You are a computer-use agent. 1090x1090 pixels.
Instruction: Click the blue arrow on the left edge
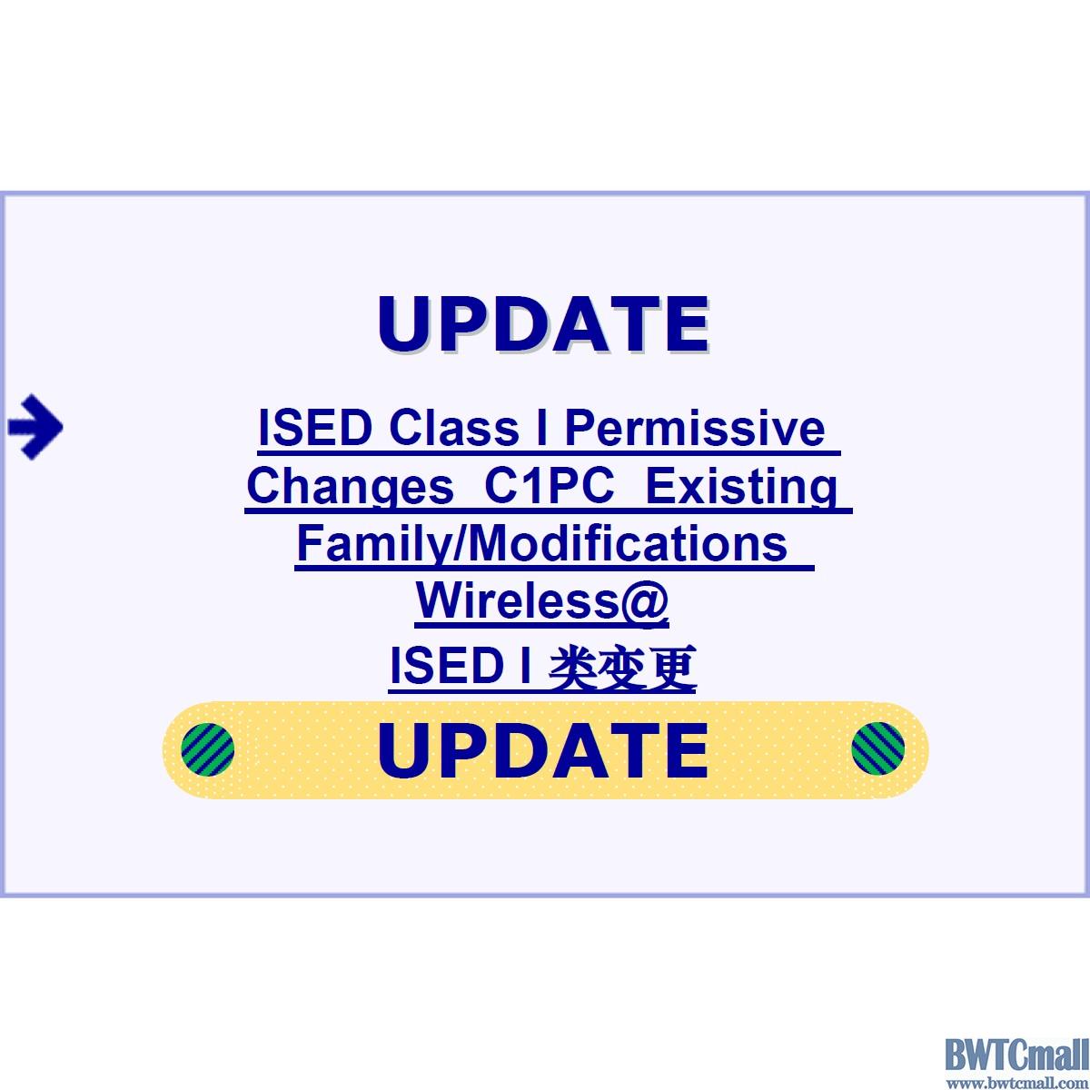click(x=35, y=427)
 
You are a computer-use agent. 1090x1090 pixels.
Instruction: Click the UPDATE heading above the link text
click(x=543, y=324)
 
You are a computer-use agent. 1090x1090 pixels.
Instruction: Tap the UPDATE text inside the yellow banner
click(x=543, y=750)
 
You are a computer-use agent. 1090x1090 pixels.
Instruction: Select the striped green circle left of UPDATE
click(x=208, y=748)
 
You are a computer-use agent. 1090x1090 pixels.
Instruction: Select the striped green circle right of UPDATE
click(x=877, y=748)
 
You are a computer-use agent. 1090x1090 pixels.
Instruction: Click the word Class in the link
click(x=453, y=428)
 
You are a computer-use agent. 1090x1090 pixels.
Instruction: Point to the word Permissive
click(x=695, y=428)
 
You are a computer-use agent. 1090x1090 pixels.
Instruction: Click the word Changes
click(x=350, y=487)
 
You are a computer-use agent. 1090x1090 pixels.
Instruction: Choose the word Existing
click(x=741, y=487)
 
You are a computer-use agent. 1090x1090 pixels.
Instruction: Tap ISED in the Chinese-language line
click(x=446, y=666)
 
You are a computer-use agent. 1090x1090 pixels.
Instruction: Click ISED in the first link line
click(x=314, y=428)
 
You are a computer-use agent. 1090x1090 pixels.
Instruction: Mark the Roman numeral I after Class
click(x=542, y=428)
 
